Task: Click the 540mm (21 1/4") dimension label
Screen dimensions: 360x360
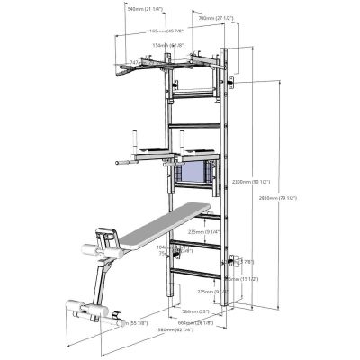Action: (x=144, y=9)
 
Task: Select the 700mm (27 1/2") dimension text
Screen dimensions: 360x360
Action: (x=216, y=18)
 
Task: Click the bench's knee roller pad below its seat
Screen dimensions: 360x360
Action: (x=113, y=240)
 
